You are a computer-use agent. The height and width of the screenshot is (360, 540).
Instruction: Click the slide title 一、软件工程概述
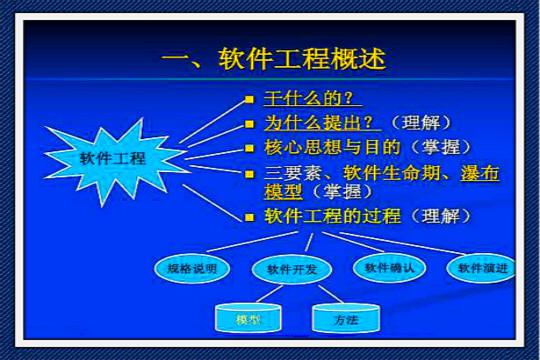point(273,57)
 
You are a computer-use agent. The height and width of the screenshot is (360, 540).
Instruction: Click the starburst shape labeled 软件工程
point(112,158)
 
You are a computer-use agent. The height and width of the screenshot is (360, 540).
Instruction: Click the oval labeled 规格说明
point(192,268)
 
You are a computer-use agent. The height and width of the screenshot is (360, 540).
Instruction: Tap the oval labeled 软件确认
point(388,267)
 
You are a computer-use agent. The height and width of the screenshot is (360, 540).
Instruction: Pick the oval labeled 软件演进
point(482,268)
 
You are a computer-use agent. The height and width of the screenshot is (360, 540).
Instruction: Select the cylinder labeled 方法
point(344,319)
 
